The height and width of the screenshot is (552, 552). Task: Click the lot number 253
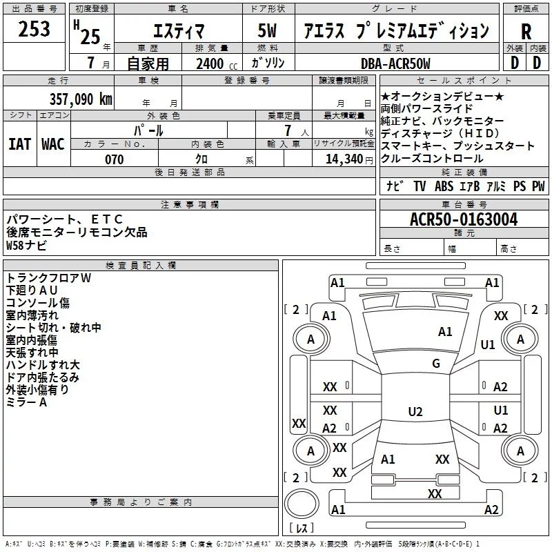tap(34, 29)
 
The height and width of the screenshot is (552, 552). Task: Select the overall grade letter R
tap(526, 32)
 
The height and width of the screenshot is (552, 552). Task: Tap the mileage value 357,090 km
tap(81, 99)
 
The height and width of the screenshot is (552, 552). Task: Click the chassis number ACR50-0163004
tap(464, 219)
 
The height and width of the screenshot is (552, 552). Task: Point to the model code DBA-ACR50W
tap(395, 63)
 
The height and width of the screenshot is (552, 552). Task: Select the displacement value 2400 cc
tap(217, 63)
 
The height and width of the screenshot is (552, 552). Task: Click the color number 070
tap(115, 159)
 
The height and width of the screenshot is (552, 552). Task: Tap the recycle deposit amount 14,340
tap(344, 159)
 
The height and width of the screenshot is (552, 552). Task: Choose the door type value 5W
tap(267, 30)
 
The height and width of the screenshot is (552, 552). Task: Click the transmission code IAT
tap(20, 144)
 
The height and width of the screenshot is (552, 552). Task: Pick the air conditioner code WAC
tap(53, 144)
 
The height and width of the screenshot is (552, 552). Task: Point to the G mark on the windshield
tap(436, 363)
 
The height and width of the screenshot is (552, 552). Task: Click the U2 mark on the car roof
tap(415, 411)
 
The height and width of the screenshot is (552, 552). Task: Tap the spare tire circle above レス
tap(302, 504)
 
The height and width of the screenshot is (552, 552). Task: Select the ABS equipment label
tap(444, 186)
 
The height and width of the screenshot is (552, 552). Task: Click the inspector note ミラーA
tap(26, 402)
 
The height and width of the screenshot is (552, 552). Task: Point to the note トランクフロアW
tap(48, 278)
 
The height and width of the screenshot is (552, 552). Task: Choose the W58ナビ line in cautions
tap(26, 245)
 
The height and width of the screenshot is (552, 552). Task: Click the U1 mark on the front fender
tap(488, 344)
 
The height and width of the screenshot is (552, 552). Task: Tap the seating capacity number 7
tap(288, 130)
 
